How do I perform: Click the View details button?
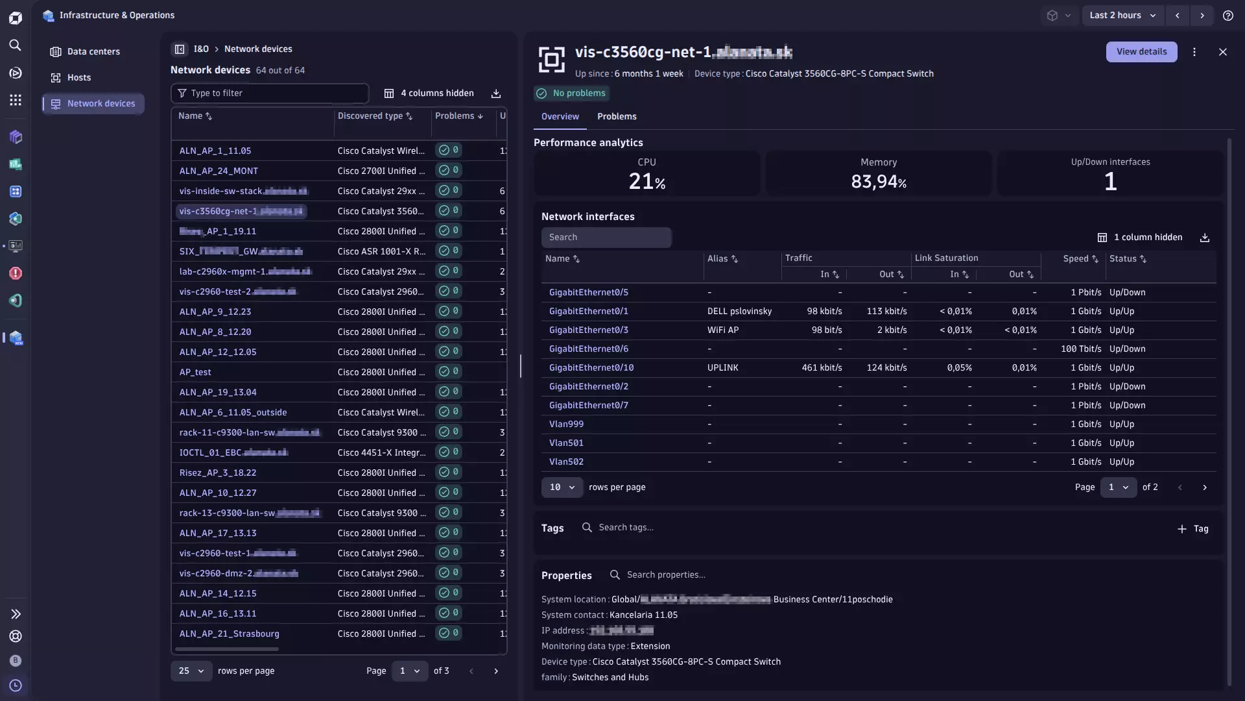click(1141, 52)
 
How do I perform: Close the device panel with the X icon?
click(1222, 52)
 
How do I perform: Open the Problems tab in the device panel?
click(617, 117)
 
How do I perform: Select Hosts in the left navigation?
click(79, 78)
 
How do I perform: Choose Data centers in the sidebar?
click(93, 52)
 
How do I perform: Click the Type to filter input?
click(276, 93)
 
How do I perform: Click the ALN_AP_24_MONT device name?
click(219, 171)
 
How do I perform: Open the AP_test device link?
click(195, 372)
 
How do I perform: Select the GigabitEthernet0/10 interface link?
click(591, 367)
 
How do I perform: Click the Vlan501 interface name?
click(566, 443)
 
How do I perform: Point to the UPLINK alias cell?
click(723, 367)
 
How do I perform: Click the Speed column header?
click(1076, 259)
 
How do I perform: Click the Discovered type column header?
click(370, 116)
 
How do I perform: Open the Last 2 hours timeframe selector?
click(1122, 16)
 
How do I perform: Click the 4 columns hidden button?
click(429, 93)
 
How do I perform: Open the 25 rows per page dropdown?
click(191, 671)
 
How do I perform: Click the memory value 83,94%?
click(879, 182)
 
